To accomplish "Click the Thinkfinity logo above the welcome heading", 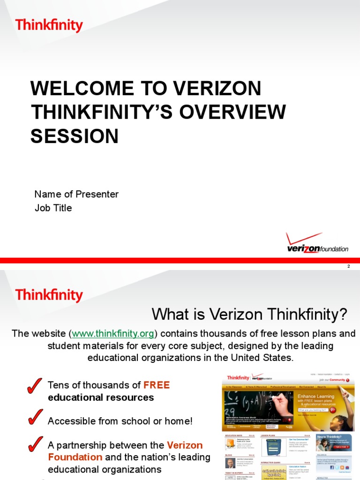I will pos(49,25).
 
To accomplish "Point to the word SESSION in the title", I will pos(75,136).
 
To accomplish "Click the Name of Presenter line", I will pos(76,194).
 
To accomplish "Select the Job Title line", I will pos(53,208).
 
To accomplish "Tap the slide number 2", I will pos(348,266).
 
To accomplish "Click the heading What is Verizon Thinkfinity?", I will pos(249,314).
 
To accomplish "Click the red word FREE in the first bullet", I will pos(157,385).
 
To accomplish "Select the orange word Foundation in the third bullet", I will pos(75,457).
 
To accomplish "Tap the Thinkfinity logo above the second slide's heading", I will pos(49,295).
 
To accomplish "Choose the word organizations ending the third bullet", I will pos(128,469).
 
